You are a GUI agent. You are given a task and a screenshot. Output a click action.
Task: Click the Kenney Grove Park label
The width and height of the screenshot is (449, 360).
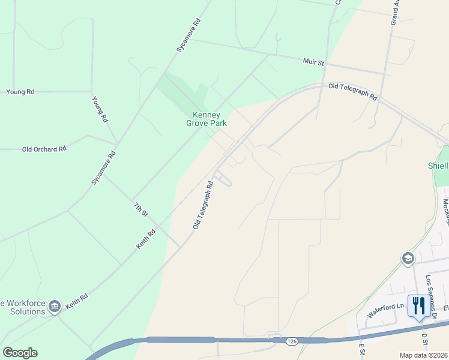point(206,119)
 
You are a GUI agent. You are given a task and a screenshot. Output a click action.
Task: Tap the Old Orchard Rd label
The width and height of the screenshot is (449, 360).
point(44,149)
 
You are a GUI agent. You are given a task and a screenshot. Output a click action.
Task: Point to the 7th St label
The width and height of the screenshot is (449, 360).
point(140,209)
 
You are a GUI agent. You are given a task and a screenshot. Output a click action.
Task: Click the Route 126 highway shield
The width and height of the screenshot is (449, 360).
point(292,341)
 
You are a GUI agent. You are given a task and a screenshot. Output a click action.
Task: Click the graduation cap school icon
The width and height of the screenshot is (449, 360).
point(408,259)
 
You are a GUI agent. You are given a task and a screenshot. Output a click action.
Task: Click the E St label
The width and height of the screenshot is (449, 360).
point(362,349)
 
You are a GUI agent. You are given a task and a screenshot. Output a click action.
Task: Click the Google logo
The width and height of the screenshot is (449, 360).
point(20,353)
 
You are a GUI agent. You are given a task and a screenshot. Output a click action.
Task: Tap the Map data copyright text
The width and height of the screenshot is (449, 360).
point(424,355)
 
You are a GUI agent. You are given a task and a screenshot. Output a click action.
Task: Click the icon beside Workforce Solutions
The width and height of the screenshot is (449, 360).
point(55,307)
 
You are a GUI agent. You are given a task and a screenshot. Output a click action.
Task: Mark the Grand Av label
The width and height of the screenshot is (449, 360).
point(396,12)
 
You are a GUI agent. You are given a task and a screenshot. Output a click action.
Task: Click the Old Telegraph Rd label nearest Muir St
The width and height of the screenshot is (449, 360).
point(353,91)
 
